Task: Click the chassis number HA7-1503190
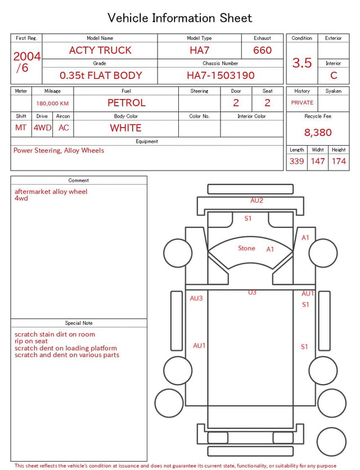(x=220, y=75)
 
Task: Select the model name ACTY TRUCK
(x=100, y=50)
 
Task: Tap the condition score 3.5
(x=302, y=62)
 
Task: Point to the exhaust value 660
(x=262, y=50)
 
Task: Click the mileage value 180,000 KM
(x=52, y=104)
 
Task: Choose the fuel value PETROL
(x=127, y=103)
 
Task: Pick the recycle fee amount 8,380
(x=318, y=132)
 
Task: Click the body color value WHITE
(x=125, y=128)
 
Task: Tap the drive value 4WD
(x=42, y=128)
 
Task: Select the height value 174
(x=339, y=161)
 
